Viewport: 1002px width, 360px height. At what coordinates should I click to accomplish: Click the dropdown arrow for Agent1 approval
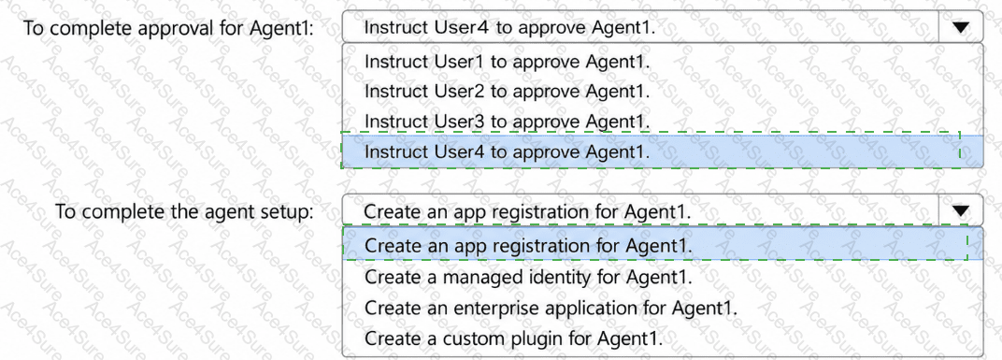click(961, 27)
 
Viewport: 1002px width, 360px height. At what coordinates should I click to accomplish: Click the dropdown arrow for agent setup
click(961, 211)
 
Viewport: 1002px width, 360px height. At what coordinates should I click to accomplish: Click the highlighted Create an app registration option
click(528, 246)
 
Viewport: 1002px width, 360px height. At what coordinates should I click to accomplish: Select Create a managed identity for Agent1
click(529, 278)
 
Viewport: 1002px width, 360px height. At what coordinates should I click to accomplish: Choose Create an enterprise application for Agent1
click(551, 308)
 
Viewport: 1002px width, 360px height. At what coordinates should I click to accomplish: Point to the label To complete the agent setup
click(184, 211)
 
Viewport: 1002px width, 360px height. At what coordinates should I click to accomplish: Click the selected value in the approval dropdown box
click(510, 27)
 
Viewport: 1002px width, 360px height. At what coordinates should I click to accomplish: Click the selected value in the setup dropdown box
click(528, 211)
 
